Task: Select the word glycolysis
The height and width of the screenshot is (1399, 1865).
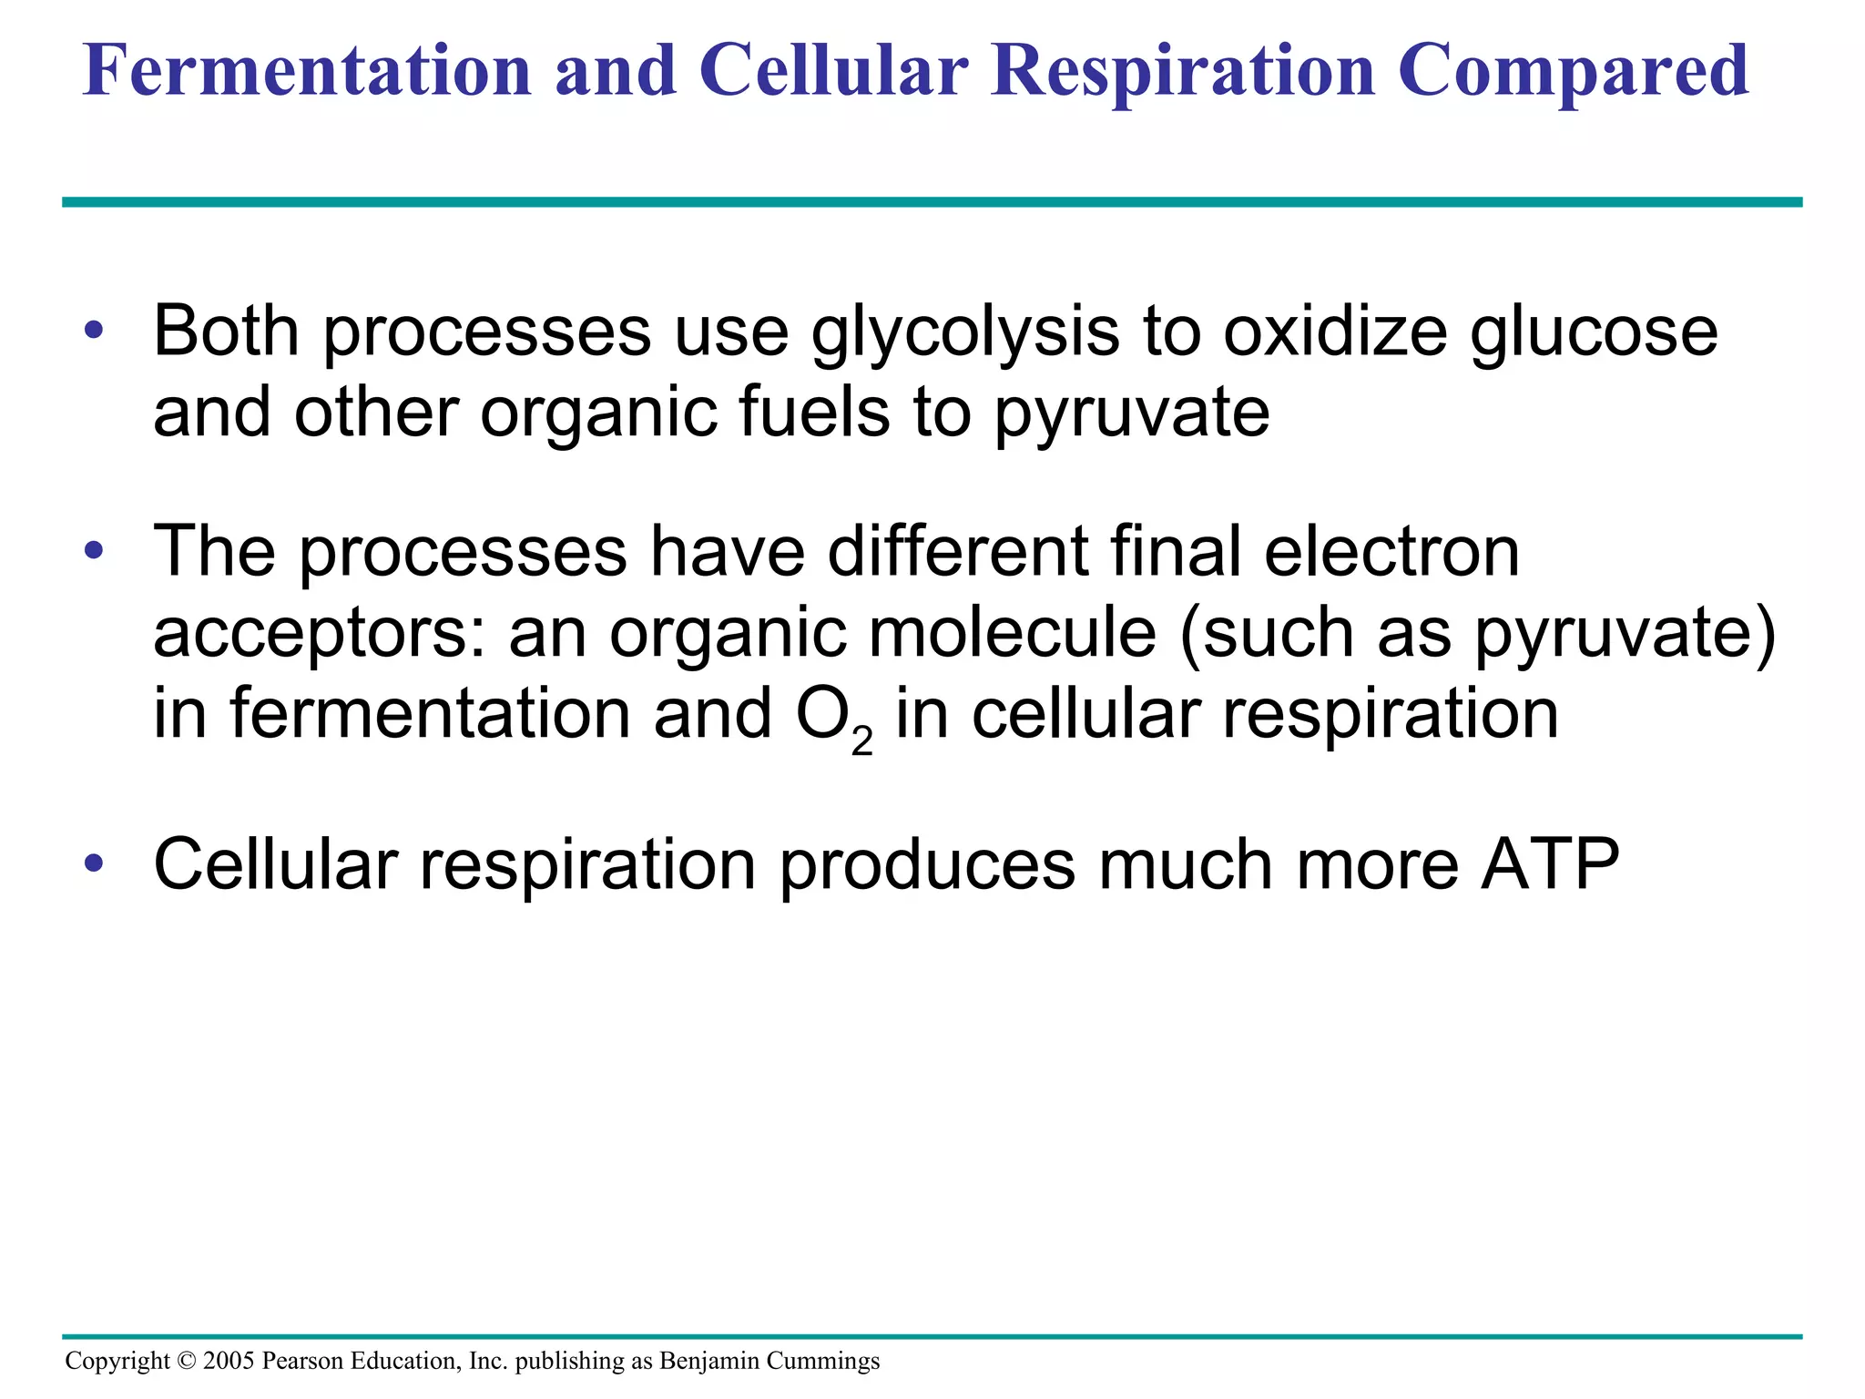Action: coord(965,332)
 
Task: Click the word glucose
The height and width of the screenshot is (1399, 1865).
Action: coord(1594,332)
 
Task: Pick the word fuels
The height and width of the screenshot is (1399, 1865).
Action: coord(813,412)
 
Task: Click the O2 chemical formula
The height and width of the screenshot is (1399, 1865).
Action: coord(834,717)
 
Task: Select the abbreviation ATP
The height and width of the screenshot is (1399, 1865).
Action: coord(1551,864)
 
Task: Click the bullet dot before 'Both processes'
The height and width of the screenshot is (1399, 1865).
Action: coord(94,331)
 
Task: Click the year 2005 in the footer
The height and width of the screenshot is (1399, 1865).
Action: coord(229,1361)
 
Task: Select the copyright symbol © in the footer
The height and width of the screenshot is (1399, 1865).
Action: coord(187,1361)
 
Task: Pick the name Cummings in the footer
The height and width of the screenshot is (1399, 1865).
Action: coord(823,1362)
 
